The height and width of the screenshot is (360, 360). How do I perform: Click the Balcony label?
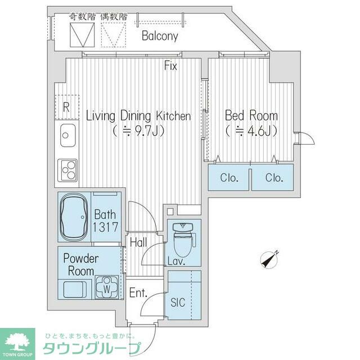[160, 36]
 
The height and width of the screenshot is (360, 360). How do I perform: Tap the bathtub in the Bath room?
[74, 217]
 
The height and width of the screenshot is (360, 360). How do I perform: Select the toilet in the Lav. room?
[184, 240]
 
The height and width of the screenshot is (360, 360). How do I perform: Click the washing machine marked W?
[107, 287]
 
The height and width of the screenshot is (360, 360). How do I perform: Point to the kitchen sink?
[67, 136]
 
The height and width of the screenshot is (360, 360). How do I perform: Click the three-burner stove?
[67, 170]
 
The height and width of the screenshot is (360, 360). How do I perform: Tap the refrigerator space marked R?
[66, 107]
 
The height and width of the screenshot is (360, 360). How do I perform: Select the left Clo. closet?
[229, 177]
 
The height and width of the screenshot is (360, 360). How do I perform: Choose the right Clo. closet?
[273, 177]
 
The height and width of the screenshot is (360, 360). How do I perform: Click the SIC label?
[178, 303]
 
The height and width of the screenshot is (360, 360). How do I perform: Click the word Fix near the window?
[170, 66]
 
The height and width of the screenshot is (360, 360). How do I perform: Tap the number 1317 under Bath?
[105, 227]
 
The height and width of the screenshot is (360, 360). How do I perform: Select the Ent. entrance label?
[138, 292]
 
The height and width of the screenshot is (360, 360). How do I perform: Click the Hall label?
[138, 242]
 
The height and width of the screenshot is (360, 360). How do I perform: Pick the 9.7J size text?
[138, 131]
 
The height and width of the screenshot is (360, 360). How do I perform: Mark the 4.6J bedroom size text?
[251, 131]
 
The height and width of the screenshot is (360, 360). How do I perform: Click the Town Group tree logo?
[17, 342]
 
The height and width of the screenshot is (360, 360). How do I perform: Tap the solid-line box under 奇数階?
[82, 35]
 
